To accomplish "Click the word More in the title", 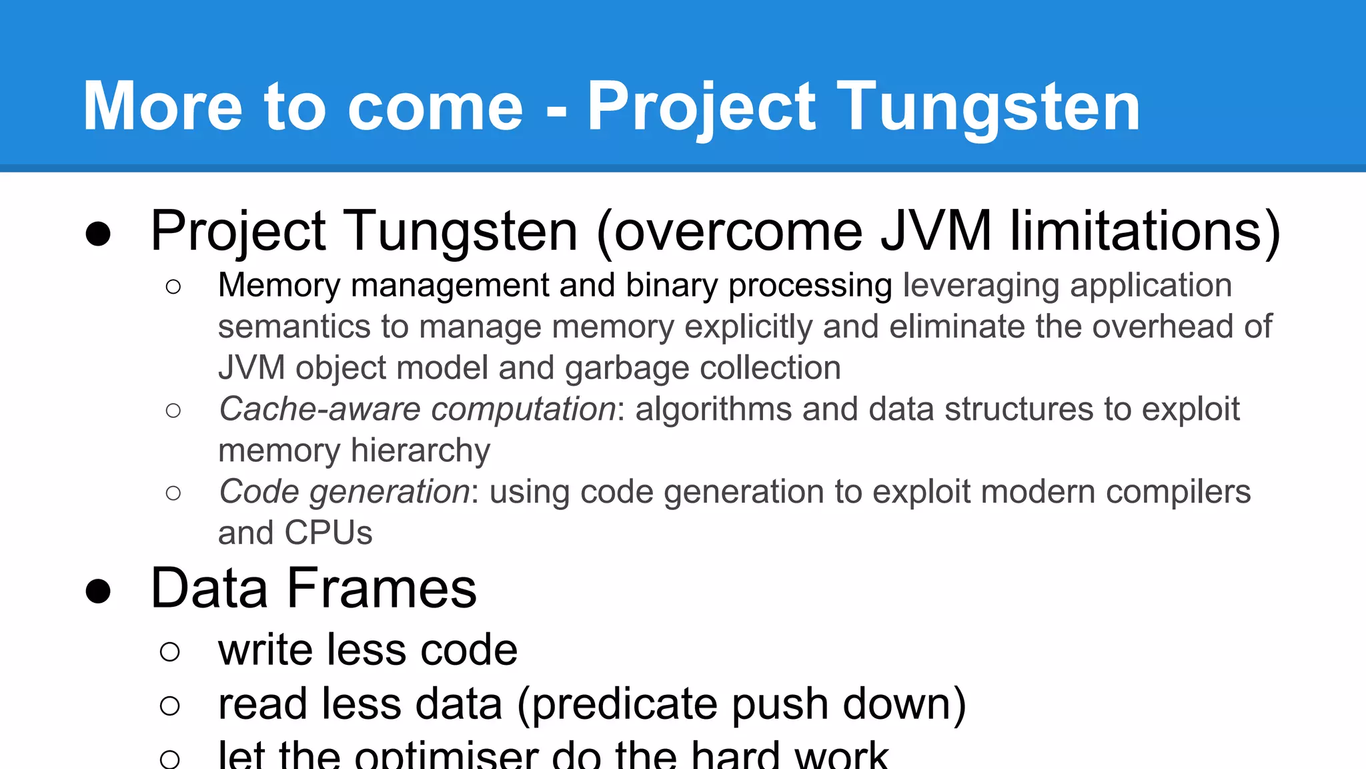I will click(x=163, y=107).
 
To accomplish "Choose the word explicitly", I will click(x=748, y=327).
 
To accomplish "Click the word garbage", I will click(x=626, y=369).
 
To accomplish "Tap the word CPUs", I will click(x=328, y=533).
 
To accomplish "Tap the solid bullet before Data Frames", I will click(x=98, y=591).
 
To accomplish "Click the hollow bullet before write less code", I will click(x=170, y=651).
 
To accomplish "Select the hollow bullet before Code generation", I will click(x=173, y=493).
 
